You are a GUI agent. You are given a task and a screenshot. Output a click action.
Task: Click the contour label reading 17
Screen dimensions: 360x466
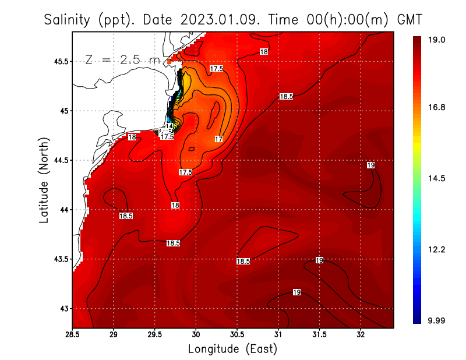pyautogui.click(x=218, y=139)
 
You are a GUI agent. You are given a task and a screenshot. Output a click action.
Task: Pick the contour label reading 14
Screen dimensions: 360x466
pyautogui.click(x=169, y=126)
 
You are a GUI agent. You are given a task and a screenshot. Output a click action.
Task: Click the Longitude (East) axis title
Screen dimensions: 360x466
pyautogui.click(x=232, y=349)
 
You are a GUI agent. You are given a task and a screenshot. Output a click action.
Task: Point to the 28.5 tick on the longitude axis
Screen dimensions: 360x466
pyautogui.click(x=72, y=335)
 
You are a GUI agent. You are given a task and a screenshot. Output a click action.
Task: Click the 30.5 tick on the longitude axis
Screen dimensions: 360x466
pyautogui.click(x=237, y=335)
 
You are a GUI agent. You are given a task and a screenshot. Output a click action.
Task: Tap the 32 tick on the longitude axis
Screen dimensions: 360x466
pyautogui.click(x=361, y=335)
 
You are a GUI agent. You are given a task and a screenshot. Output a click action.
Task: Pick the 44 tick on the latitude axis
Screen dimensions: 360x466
pyautogui.click(x=63, y=210)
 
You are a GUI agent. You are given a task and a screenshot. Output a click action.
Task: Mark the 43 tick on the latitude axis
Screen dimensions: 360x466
pyautogui.click(x=63, y=308)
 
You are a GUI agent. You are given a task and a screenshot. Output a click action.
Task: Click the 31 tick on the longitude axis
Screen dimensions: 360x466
pyautogui.click(x=278, y=335)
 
